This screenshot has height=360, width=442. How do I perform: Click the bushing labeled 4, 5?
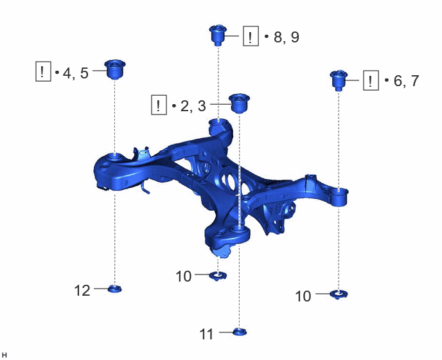coord(115,69)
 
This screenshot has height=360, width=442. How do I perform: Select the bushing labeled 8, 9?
coord(218,35)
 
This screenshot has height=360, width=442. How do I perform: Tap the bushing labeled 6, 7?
coord(339,80)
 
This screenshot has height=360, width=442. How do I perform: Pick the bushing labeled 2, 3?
coord(240,104)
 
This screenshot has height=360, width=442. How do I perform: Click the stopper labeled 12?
coord(115,289)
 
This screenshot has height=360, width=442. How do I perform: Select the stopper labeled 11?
coord(240,332)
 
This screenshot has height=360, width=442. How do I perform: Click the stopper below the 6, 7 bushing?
coord(339,294)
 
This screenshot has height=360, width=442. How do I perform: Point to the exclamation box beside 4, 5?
coord(43,71)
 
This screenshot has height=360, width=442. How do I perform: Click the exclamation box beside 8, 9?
coord(251,36)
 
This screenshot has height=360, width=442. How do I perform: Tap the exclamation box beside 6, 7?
coord(371,80)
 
